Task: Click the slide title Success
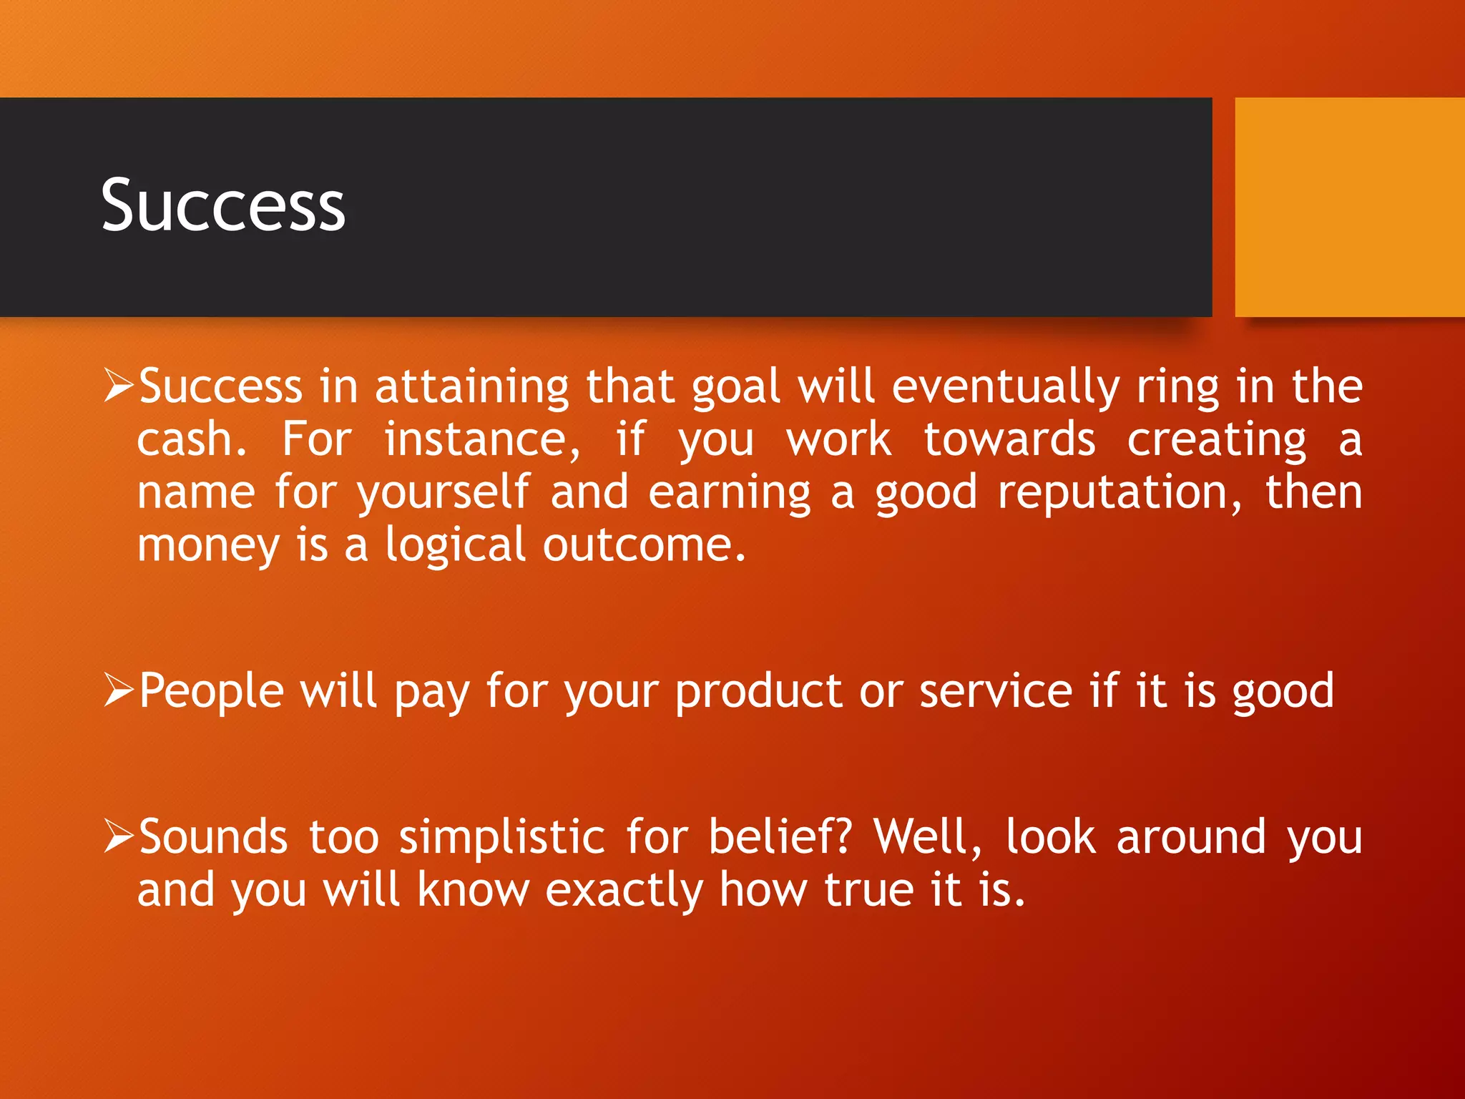pos(222,206)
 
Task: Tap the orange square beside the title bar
pos(1349,207)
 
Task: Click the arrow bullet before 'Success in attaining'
pos(118,385)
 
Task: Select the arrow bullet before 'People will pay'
pos(118,690)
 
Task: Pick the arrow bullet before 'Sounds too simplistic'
pos(118,836)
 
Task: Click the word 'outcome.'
pos(644,545)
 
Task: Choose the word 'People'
pos(211,691)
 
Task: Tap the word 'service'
pos(995,691)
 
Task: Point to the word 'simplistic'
pos(501,837)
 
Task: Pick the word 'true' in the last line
pos(869,890)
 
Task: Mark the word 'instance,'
pos(482,440)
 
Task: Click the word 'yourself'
pos(444,494)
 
